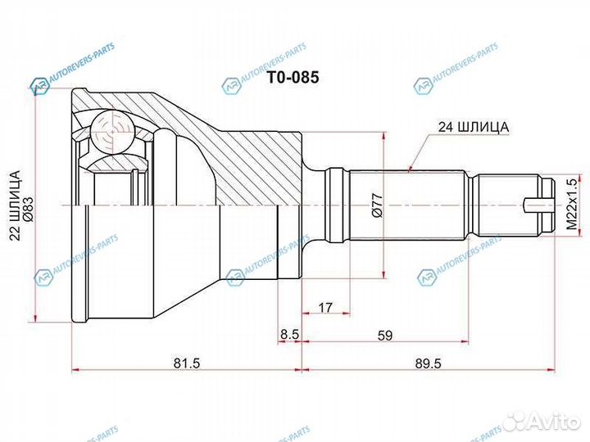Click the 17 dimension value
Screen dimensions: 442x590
coord(325,309)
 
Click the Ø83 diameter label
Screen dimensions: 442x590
coord(27,208)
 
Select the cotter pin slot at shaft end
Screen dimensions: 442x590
coord(538,205)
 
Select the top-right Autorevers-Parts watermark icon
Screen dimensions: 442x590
coord(423,84)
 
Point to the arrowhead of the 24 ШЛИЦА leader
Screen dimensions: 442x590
coord(409,169)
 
